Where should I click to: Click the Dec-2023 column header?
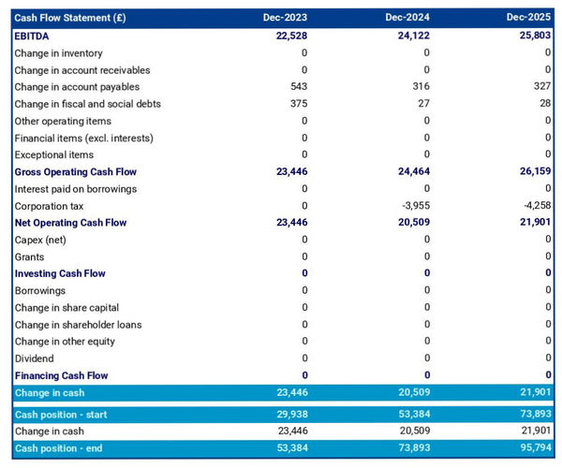point(286,18)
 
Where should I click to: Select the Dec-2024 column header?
point(407,18)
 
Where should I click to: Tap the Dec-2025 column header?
point(529,18)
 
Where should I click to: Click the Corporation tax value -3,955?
point(413,206)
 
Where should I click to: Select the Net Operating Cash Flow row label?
point(70,223)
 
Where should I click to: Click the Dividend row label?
point(35,358)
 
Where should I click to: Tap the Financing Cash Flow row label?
point(61,375)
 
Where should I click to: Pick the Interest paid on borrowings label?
point(75,189)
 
